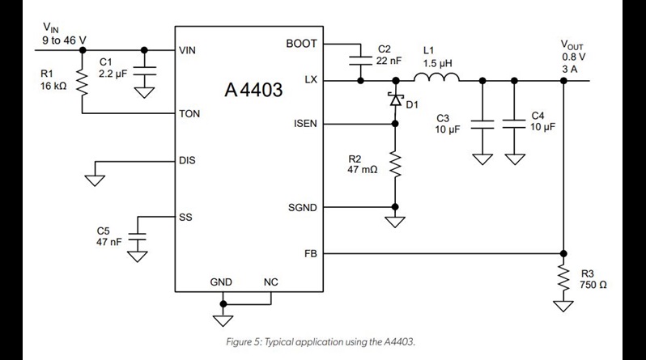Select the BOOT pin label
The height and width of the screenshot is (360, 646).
click(301, 44)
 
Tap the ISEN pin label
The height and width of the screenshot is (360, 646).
click(303, 124)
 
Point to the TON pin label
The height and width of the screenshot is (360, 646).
click(189, 114)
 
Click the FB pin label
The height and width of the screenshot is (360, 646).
click(310, 252)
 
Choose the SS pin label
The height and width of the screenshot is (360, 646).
click(185, 218)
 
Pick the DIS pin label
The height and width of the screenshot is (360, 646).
click(187, 160)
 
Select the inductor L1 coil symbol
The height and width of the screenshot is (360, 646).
click(436, 78)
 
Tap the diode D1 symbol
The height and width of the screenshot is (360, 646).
click(395, 100)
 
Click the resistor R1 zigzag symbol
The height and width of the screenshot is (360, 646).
click(82, 81)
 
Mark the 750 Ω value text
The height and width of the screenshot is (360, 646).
click(593, 285)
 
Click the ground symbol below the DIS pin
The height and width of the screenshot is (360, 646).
click(96, 179)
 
